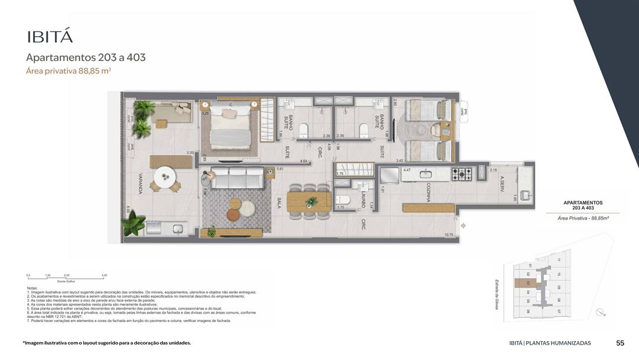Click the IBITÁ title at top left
(50, 36)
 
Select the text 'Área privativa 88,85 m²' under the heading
(69, 71)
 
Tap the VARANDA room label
(140, 184)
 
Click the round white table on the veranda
(166, 177)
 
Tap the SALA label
(278, 203)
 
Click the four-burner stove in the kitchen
(462, 174)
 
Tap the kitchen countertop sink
(425, 174)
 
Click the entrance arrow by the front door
(463, 225)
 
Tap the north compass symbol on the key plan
(601, 312)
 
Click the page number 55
(620, 343)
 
